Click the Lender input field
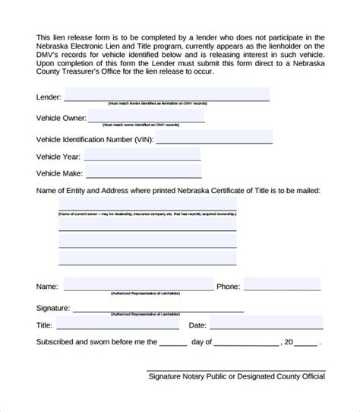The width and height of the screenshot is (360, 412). click(x=166, y=93)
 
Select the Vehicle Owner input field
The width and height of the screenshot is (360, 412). click(x=146, y=116)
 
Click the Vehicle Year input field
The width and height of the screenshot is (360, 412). click(x=142, y=154)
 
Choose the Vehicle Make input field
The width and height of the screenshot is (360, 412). click(x=142, y=172)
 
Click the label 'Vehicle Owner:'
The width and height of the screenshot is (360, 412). click(x=61, y=118)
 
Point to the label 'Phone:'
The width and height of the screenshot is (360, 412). click(x=228, y=287)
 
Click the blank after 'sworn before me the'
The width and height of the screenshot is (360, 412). click(x=173, y=343)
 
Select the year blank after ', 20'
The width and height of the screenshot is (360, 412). click(x=307, y=343)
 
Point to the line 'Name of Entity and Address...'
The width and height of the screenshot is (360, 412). click(x=178, y=190)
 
